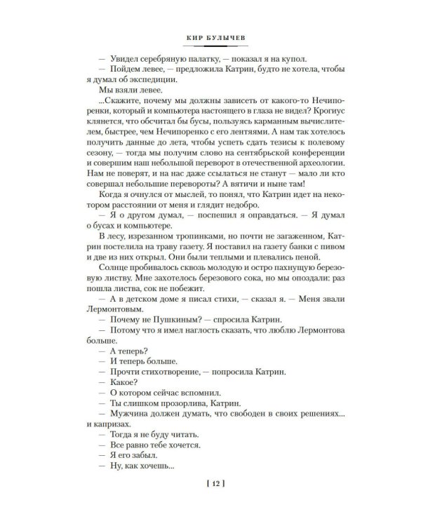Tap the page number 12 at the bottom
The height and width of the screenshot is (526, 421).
click(x=210, y=482)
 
